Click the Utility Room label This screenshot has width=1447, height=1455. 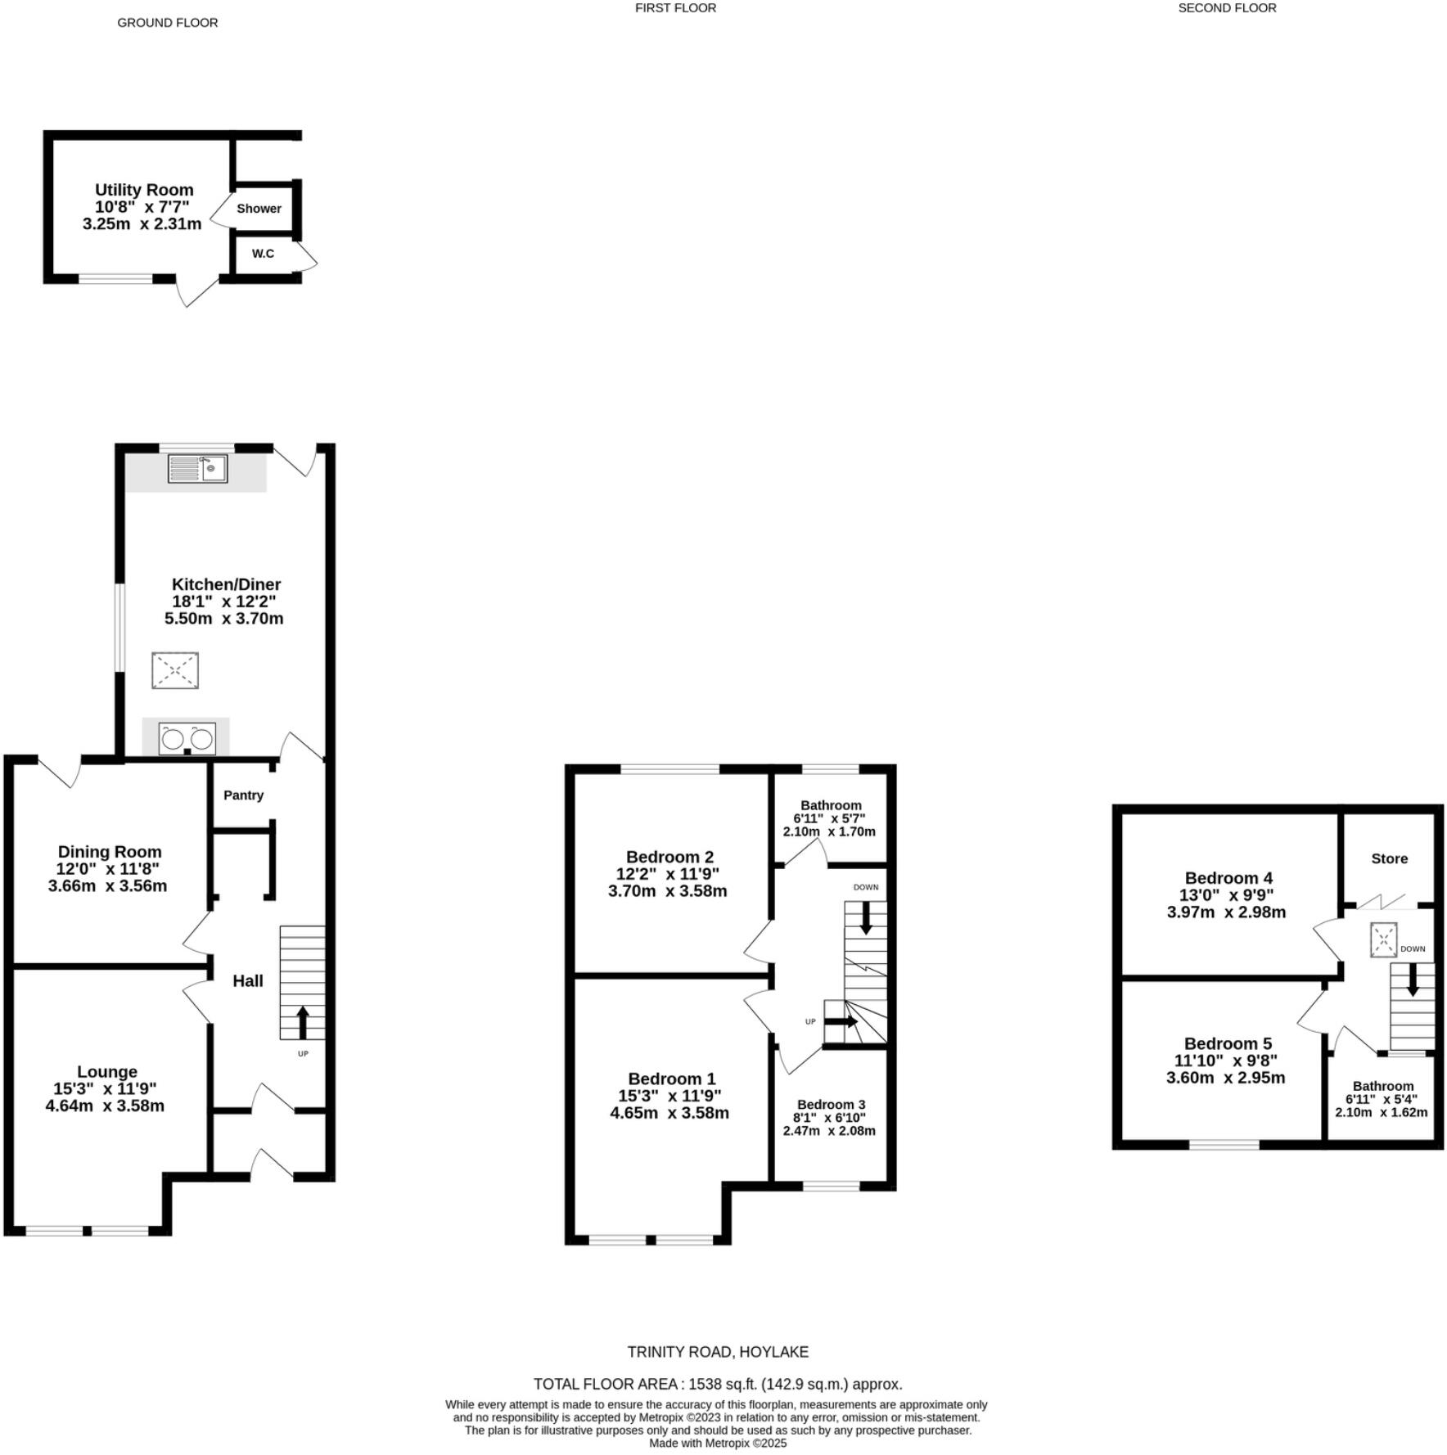pos(144,190)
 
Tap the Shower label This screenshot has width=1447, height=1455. pos(259,209)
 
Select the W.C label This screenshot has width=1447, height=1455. pos(263,254)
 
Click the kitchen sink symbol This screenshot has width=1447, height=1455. pos(198,469)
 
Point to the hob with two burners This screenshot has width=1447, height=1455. pos(187,738)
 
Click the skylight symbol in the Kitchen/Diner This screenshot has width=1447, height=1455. pos(175,670)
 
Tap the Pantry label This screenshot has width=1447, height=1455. pos(244,795)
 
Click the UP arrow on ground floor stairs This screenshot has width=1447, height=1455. pos(302,1022)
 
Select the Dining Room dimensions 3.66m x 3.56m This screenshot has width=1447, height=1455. pos(107,885)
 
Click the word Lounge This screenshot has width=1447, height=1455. pos(107,1071)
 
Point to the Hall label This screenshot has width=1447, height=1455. pos(248,980)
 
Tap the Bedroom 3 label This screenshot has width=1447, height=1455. pos(831,1105)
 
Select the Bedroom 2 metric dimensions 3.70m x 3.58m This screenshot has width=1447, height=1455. pos(667,891)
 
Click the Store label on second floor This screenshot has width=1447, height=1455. pos(1390,858)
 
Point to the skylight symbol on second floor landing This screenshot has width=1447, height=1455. pos(1384,939)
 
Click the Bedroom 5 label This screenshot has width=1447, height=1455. pos(1228,1043)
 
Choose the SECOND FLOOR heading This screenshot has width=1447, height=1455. pos(1227,8)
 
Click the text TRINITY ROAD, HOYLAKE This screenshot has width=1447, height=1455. pos(718,1353)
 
